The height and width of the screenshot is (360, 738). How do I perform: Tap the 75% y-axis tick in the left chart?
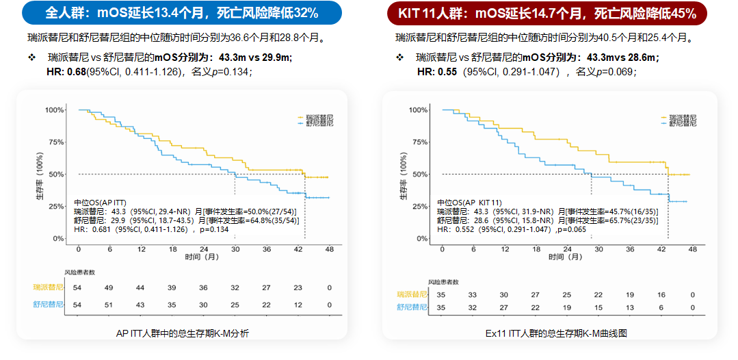pos(55,142)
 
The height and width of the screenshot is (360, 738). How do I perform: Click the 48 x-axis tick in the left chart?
pos(329,249)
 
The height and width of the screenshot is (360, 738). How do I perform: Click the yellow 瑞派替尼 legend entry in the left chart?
pos(316,117)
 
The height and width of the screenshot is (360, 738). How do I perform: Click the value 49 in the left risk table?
pos(109,288)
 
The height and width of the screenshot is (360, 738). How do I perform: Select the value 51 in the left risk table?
pos(109,305)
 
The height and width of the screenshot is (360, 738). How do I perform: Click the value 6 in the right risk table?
pos(661,308)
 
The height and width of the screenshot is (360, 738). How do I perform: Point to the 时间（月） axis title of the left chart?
pos(202,257)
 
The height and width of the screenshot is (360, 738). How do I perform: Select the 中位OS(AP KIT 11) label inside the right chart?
pos(470,203)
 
